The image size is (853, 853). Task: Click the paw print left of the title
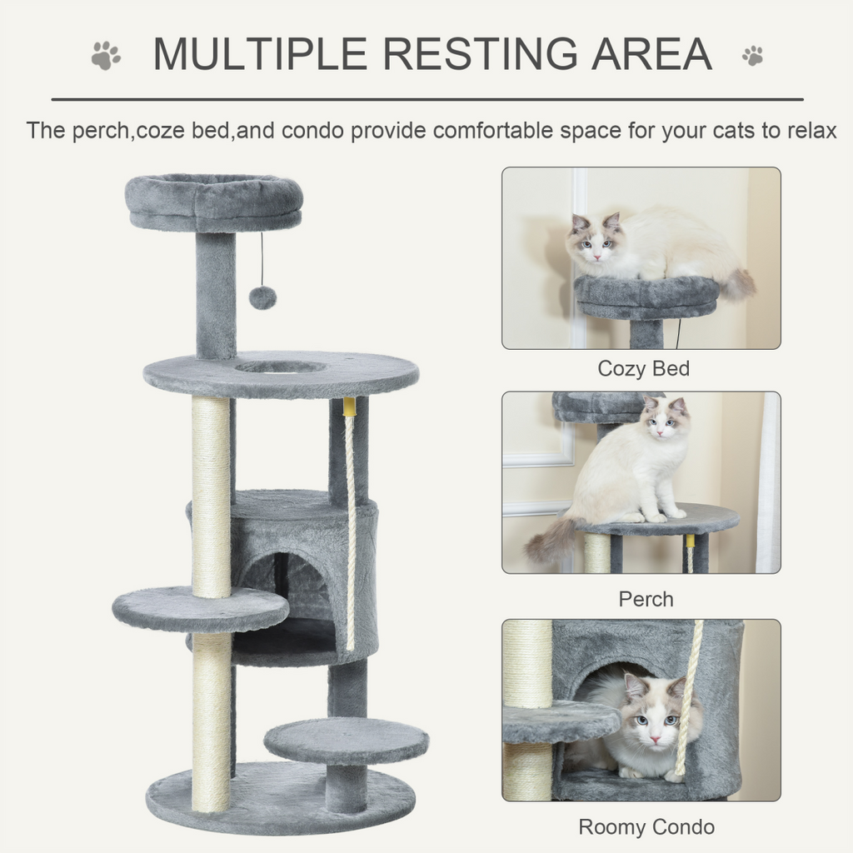[106, 56]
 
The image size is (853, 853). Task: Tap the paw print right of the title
[752, 56]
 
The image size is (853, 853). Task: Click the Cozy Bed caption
[643, 368]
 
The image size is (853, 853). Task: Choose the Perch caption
[646, 598]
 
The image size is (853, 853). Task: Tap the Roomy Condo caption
[646, 826]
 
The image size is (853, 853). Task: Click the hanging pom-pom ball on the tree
[262, 297]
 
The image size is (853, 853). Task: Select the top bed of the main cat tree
[213, 202]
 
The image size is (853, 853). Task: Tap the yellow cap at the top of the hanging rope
[349, 407]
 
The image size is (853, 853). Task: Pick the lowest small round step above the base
[346, 740]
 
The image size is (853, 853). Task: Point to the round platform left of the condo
[200, 608]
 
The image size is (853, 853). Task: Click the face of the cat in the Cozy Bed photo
[595, 242]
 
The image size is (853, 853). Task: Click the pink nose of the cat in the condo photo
[654, 738]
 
